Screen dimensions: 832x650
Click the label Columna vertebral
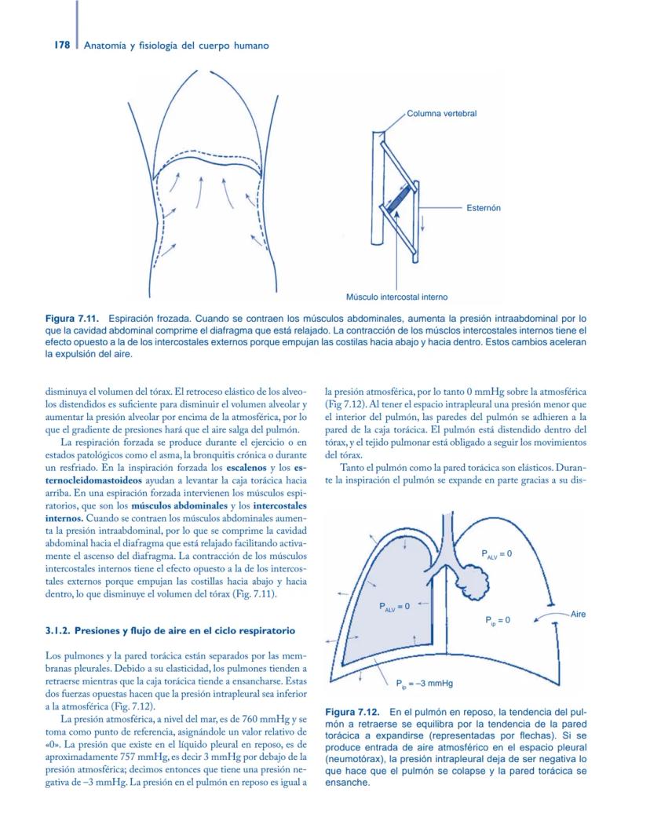pos(441,114)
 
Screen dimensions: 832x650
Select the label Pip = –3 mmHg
pos(424,683)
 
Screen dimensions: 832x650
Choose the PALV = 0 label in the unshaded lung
pos(495,554)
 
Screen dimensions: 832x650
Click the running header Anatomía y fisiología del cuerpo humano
pos(177,46)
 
